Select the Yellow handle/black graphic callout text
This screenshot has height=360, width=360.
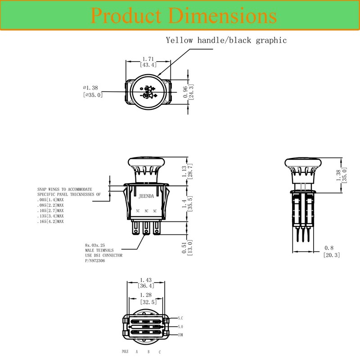coord(226,40)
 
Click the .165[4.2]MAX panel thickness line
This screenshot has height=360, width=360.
coord(50,222)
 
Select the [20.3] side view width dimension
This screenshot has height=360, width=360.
coord(332,255)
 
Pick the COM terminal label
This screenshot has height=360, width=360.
coord(180,335)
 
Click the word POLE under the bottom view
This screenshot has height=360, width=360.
coord(126,351)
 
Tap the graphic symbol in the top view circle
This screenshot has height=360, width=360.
coord(148,92)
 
